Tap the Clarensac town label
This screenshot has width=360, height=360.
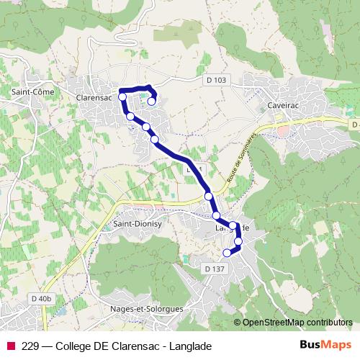point(96,92)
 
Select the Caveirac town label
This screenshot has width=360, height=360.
point(282,104)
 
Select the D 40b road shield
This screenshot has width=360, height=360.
point(42,298)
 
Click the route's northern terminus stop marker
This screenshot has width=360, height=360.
point(151,102)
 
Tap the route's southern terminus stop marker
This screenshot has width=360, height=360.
point(228,252)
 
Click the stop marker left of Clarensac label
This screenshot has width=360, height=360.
point(122,96)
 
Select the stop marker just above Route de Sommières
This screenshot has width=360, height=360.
point(208,196)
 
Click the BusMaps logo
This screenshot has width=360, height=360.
point(325,345)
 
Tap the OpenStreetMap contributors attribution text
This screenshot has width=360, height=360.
point(297,322)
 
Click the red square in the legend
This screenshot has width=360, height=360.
point(10,346)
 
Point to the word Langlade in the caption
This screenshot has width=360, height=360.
point(191,346)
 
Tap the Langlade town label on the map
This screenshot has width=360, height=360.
point(232,228)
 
